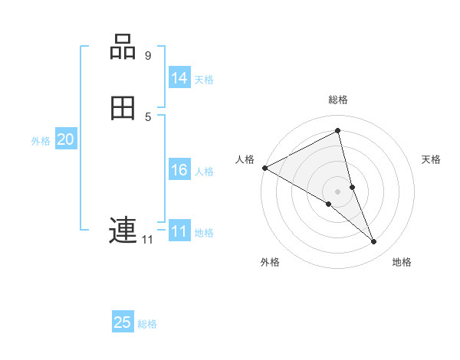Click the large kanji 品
pyautogui.click(x=123, y=47)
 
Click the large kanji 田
pyautogui.click(x=123, y=109)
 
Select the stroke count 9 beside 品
pyautogui.click(x=148, y=56)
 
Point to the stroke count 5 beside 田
pyautogui.click(x=148, y=116)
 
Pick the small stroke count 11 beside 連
pyautogui.click(x=147, y=240)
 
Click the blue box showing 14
pyautogui.click(x=179, y=78)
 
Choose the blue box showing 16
pyautogui.click(x=179, y=170)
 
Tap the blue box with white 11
pyautogui.click(x=179, y=231)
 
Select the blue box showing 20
pyautogui.click(x=66, y=139)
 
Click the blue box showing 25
pyautogui.click(x=123, y=322)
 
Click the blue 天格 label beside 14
pyautogui.click(x=204, y=79)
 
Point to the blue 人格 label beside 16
pyautogui.click(x=204, y=171)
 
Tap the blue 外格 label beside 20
pyautogui.click(x=41, y=140)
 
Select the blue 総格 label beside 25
pyautogui.click(x=147, y=324)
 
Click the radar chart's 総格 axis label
pyautogui.click(x=337, y=100)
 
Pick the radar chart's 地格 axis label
pyautogui.click(x=402, y=262)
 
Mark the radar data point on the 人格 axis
pyautogui.click(x=264, y=168)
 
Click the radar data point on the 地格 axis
pyautogui.click(x=374, y=242)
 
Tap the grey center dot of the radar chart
pyautogui.click(x=337, y=191)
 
